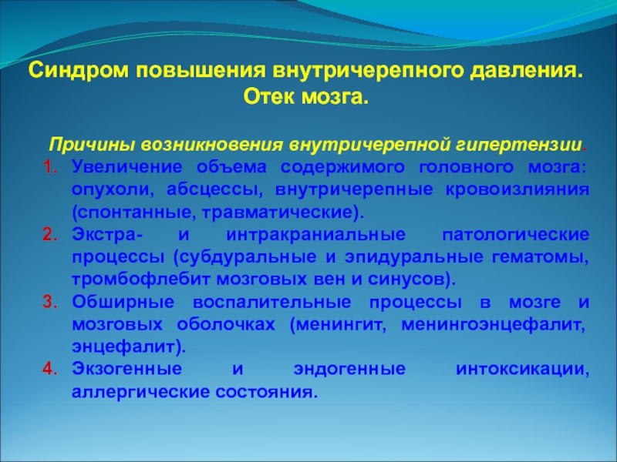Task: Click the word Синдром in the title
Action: click(79, 71)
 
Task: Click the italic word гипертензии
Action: click(519, 145)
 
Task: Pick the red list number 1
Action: click(50, 167)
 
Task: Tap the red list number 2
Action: click(50, 235)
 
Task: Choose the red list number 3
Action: click(50, 302)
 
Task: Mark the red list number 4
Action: click(50, 369)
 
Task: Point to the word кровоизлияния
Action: click(518, 190)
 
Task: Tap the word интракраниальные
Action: click(315, 235)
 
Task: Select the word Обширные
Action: click(123, 302)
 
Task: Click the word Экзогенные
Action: click(126, 370)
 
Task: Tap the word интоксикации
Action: click(523, 370)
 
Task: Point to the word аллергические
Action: click(140, 392)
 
